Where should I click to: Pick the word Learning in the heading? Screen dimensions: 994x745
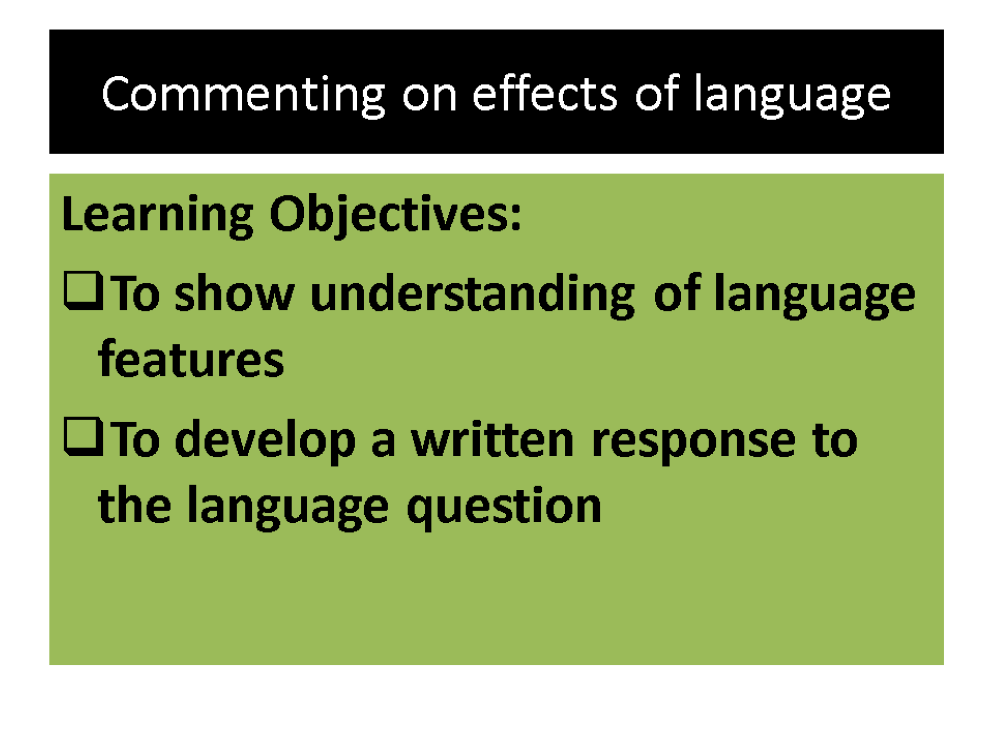[x=157, y=217]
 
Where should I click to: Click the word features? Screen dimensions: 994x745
[x=191, y=358]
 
